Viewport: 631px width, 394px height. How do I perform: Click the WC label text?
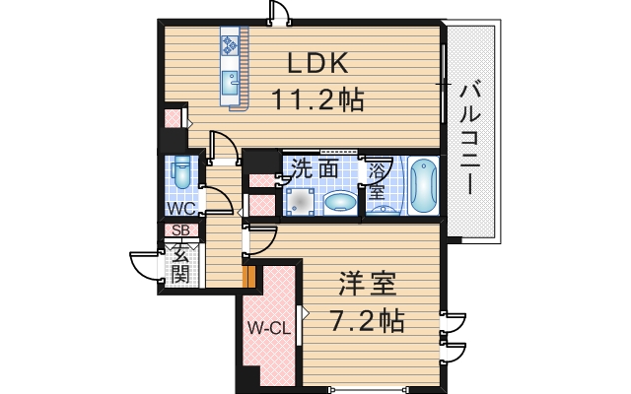(179, 208)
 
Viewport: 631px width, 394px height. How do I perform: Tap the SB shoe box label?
(180, 231)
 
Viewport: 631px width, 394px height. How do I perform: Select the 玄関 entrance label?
(180, 262)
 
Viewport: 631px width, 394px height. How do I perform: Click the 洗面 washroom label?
(315, 169)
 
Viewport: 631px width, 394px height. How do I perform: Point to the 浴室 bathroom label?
(378, 180)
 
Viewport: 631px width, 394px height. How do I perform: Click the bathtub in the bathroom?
(423, 184)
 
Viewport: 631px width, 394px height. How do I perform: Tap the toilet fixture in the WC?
(181, 173)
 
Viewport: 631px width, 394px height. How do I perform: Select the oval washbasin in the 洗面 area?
(341, 202)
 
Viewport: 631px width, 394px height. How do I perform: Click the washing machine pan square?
(300, 201)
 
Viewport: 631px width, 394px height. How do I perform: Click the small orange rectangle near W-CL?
(249, 278)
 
